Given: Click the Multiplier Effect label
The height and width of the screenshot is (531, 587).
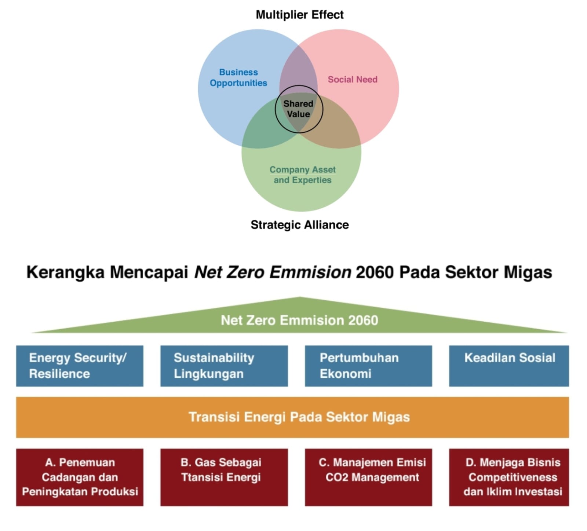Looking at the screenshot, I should (x=299, y=15).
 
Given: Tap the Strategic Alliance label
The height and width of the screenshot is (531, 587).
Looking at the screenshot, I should (x=299, y=225).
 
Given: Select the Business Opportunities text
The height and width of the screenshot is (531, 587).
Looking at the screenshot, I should (x=238, y=77).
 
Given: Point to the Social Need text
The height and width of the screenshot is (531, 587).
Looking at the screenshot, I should (x=352, y=80).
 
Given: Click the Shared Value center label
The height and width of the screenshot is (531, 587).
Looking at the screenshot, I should (x=298, y=109).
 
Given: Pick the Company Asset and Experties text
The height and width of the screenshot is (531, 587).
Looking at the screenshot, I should (x=302, y=175).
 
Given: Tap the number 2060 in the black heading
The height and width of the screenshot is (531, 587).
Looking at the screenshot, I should (x=375, y=272).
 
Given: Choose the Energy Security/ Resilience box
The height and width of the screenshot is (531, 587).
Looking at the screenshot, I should (x=80, y=366).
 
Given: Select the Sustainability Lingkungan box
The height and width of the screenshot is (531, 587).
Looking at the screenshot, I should (x=224, y=366).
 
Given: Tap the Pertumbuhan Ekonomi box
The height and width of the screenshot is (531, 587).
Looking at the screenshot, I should (x=368, y=366).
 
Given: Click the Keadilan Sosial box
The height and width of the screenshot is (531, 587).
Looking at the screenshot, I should (x=509, y=366).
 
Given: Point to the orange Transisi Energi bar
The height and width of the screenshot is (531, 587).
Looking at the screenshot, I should (x=292, y=417).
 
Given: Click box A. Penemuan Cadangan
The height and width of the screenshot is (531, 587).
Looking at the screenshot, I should (x=80, y=477).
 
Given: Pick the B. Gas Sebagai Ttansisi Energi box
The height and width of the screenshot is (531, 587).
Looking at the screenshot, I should (x=224, y=477).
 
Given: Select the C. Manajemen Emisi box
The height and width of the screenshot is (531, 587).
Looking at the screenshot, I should (x=368, y=477).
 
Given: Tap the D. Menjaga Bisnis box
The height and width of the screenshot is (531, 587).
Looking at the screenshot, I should (x=509, y=477).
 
